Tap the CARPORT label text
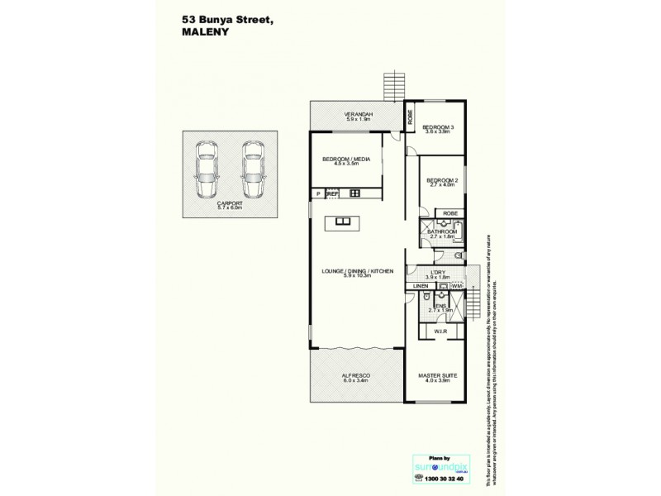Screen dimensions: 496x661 tap(229, 203)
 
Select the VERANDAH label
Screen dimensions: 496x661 tap(358, 115)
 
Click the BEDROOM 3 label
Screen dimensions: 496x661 tap(439, 128)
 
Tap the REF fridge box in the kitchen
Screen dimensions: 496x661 tap(333, 193)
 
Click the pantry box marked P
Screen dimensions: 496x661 tap(317, 193)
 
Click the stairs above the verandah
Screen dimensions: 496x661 tap(395, 86)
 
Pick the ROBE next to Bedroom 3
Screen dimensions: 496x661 tap(409, 116)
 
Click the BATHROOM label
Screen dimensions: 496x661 tap(442, 233)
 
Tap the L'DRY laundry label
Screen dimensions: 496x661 tap(439, 274)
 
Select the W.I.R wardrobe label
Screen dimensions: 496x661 tap(440, 331)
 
